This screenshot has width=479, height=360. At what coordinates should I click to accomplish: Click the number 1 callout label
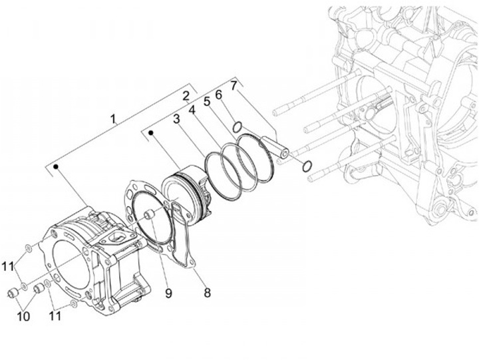pyautogui.click(x=114, y=120)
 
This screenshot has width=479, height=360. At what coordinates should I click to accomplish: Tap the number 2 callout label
pyautogui.click(x=187, y=95)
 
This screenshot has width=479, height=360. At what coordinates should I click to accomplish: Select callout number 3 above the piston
pyautogui.click(x=177, y=120)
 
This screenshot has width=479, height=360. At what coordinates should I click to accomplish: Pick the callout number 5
pyautogui.click(x=206, y=101)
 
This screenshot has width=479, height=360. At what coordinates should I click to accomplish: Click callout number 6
pyautogui.click(x=218, y=94)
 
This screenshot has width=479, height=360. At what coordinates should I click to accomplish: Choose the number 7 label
pyautogui.click(x=234, y=85)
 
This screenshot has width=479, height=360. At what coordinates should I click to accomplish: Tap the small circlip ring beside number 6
pyautogui.click(x=236, y=124)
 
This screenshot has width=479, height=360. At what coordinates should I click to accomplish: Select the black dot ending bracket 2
pyautogui.click(x=152, y=133)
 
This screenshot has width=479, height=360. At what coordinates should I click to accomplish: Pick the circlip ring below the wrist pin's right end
pyautogui.click(x=306, y=166)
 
